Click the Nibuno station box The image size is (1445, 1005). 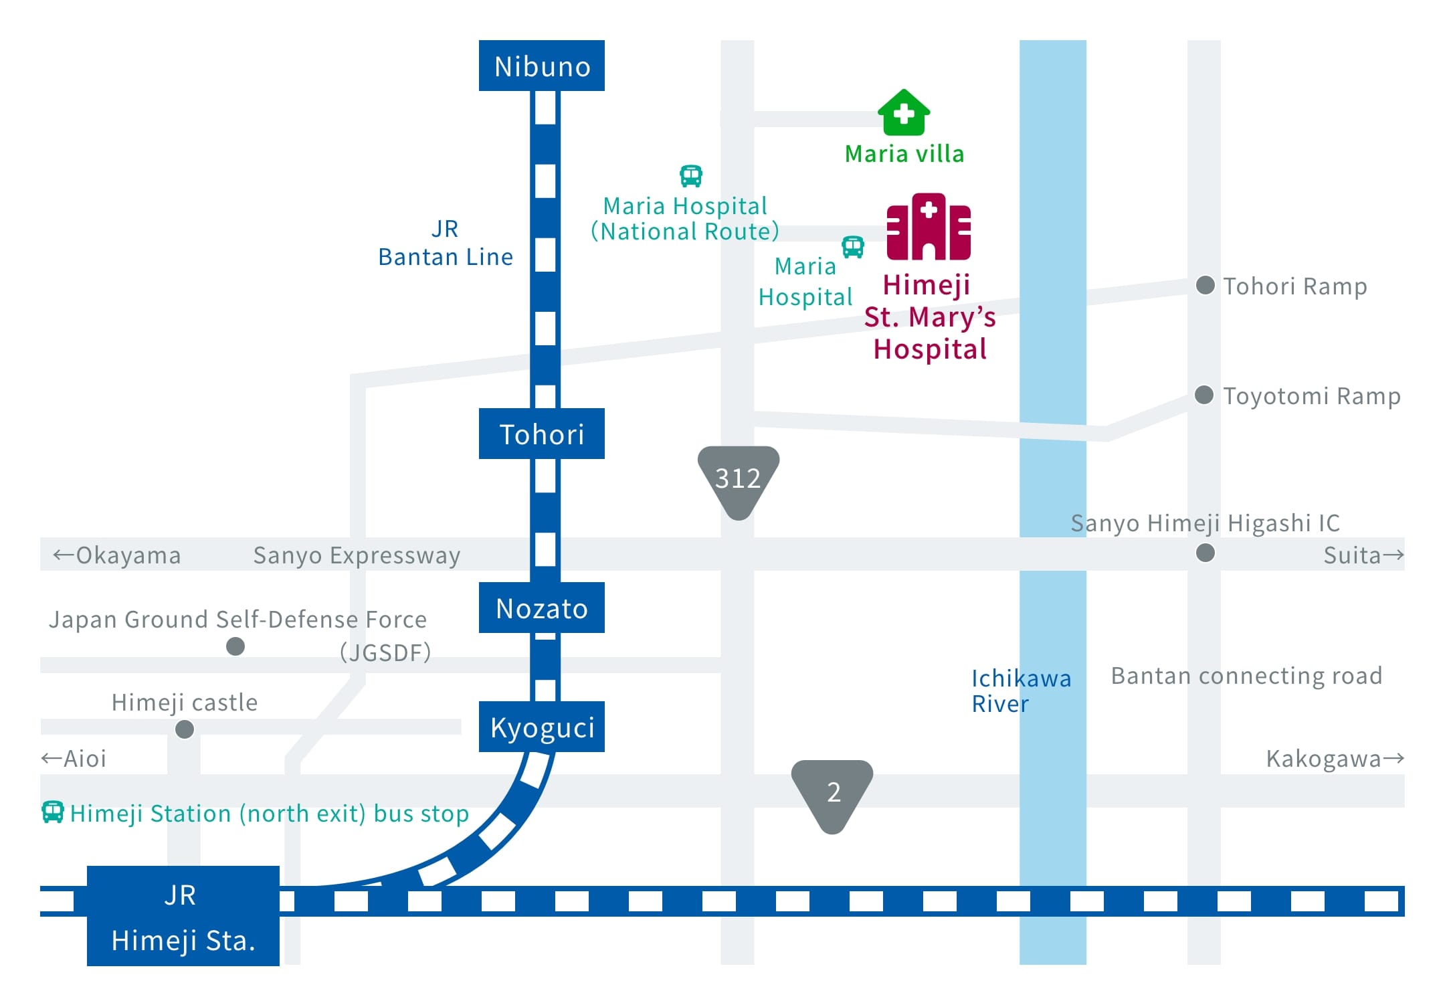click(x=542, y=66)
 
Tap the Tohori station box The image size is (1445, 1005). click(x=542, y=434)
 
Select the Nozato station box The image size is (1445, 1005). click(x=542, y=608)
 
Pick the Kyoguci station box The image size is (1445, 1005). click(x=542, y=727)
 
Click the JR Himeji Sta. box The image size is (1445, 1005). click(x=183, y=916)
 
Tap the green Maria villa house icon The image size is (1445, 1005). click(x=904, y=112)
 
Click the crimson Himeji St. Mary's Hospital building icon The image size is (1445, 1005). click(x=929, y=226)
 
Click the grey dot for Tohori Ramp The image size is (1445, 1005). click(x=1206, y=285)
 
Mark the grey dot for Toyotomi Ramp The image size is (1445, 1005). click(x=1204, y=395)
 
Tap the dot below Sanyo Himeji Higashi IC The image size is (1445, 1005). click(x=1206, y=553)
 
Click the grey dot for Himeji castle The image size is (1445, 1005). click(x=185, y=729)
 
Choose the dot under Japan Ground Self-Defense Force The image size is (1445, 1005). click(x=235, y=646)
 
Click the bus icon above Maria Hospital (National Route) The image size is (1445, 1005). click(x=691, y=176)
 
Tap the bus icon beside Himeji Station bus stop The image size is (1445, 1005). click(x=53, y=812)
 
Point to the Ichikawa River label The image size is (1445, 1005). click(x=1021, y=691)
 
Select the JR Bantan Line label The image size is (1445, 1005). click(x=446, y=243)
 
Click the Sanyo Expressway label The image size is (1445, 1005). click(x=357, y=555)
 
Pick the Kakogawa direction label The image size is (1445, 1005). click(x=1335, y=759)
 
